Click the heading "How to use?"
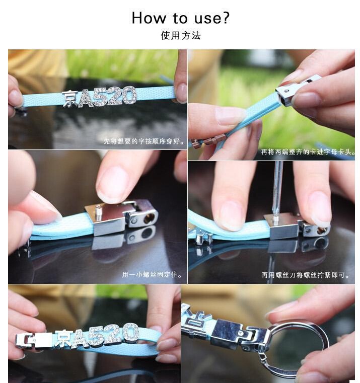181,18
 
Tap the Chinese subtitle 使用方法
181,36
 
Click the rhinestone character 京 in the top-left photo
70,99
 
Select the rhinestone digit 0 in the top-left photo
129,96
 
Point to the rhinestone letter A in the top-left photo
86,98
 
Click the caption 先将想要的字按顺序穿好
143,141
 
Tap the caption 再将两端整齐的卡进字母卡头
308,152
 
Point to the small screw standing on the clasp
98,213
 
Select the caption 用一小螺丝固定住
152,275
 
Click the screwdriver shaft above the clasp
277,188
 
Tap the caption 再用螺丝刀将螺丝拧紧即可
305,275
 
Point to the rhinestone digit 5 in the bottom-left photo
97,336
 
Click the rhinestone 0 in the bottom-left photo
131,332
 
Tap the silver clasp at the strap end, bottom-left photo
34,340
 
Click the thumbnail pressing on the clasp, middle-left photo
113,184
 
